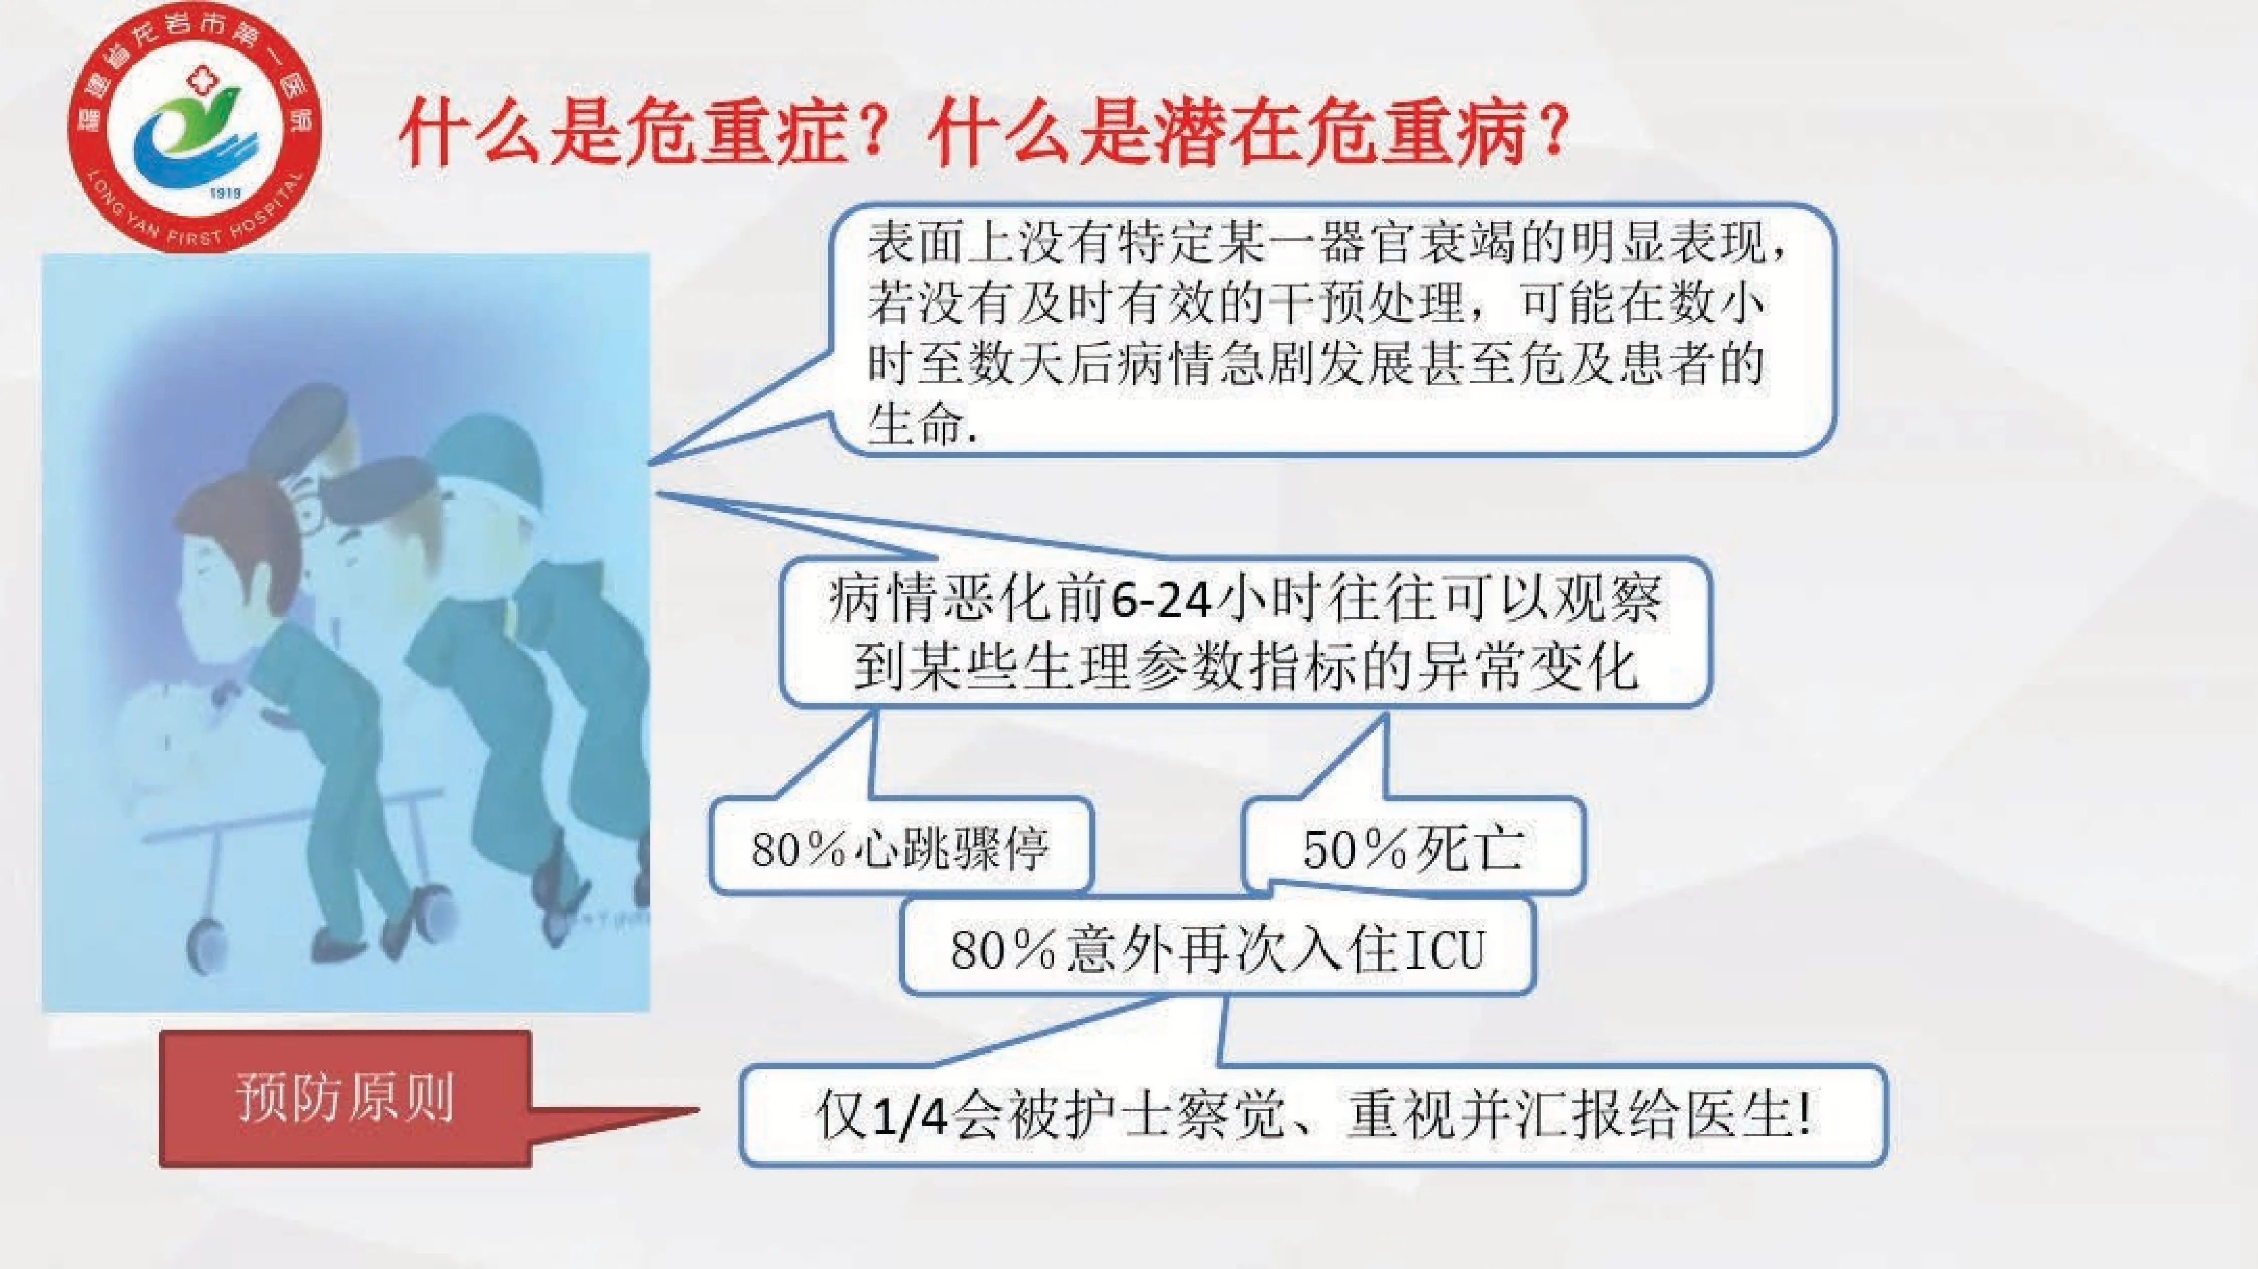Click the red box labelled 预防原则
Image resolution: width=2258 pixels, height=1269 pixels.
pos(345,1097)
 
